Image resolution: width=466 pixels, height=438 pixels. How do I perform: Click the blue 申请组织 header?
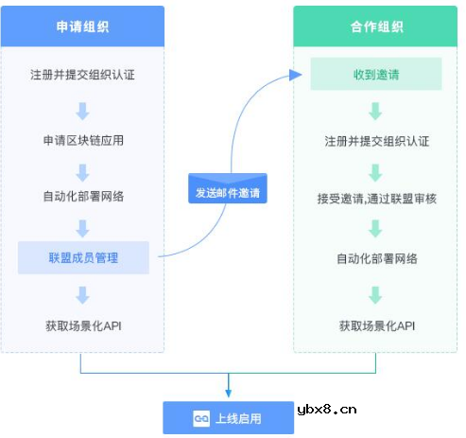[83, 26]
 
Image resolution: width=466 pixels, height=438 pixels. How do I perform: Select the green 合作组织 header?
[375, 26]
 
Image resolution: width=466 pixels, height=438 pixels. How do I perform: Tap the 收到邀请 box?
[375, 74]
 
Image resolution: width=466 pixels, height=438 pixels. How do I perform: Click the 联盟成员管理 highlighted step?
[83, 257]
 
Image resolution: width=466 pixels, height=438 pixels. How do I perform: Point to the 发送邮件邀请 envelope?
[227, 189]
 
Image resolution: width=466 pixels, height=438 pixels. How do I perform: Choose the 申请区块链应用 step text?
[83, 141]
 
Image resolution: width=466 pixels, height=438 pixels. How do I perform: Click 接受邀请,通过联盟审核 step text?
[375, 198]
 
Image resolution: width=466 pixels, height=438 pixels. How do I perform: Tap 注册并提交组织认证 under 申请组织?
[83, 74]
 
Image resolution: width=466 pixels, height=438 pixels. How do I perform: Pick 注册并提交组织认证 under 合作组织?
[375, 141]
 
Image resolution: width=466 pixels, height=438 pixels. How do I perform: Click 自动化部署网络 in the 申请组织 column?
[83, 198]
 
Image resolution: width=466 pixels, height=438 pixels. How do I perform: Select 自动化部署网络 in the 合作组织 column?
[375, 257]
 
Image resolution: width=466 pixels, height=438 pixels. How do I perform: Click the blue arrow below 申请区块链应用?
[83, 170]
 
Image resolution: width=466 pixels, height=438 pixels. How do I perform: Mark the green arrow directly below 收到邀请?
[375, 111]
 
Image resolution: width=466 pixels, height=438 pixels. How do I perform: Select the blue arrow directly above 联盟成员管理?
[83, 228]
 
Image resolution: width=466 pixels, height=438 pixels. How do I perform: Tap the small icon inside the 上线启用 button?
[201, 417]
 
